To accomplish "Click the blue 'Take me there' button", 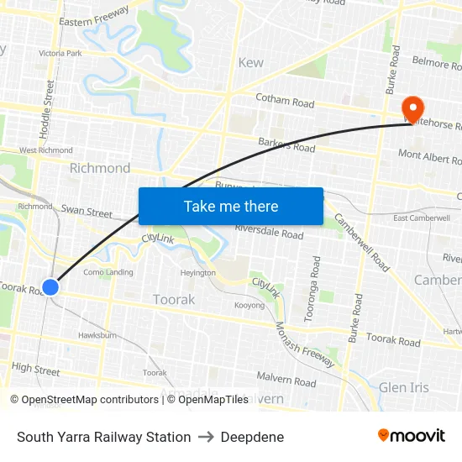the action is [x=231, y=207].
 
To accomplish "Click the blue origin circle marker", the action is [x=50, y=287].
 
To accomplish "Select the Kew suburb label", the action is [x=250, y=62].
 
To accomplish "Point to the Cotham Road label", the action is [x=285, y=101].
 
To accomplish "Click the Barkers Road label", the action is [x=286, y=145].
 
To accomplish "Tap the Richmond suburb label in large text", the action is [x=100, y=168].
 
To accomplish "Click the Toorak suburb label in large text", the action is [x=174, y=299].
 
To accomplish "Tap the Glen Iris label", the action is [x=404, y=387].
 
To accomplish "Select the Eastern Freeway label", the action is [x=94, y=16].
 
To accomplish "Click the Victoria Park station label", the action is [x=60, y=53].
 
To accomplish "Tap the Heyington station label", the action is [x=197, y=272].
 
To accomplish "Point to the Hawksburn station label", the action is [x=97, y=334].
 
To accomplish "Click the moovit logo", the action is [x=411, y=435].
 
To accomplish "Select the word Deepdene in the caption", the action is [x=252, y=437].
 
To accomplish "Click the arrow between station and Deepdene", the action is [x=206, y=437].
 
